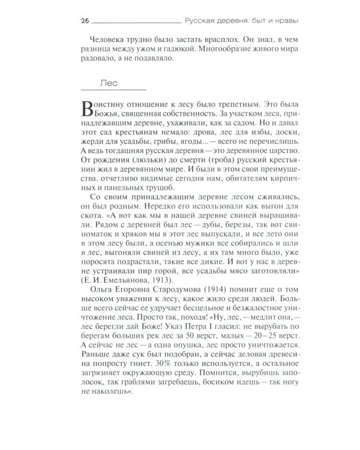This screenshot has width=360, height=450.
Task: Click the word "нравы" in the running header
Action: tap(286, 21)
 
